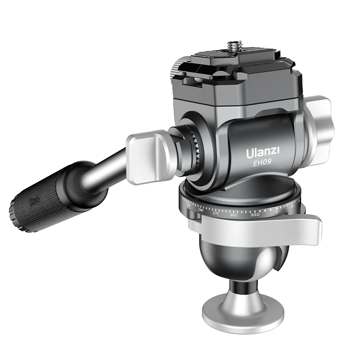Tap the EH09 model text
coord(262,164)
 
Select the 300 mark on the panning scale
coord(233,215)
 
